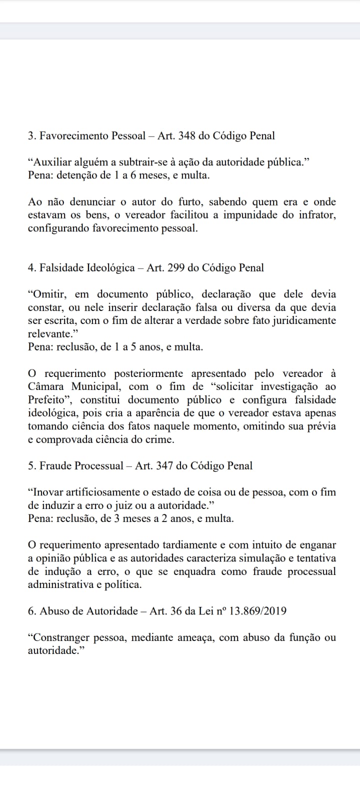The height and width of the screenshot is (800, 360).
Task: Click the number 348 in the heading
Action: [187, 135]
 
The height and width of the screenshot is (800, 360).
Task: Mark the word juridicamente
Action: [306, 320]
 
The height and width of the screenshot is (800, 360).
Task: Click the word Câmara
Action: [45, 386]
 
